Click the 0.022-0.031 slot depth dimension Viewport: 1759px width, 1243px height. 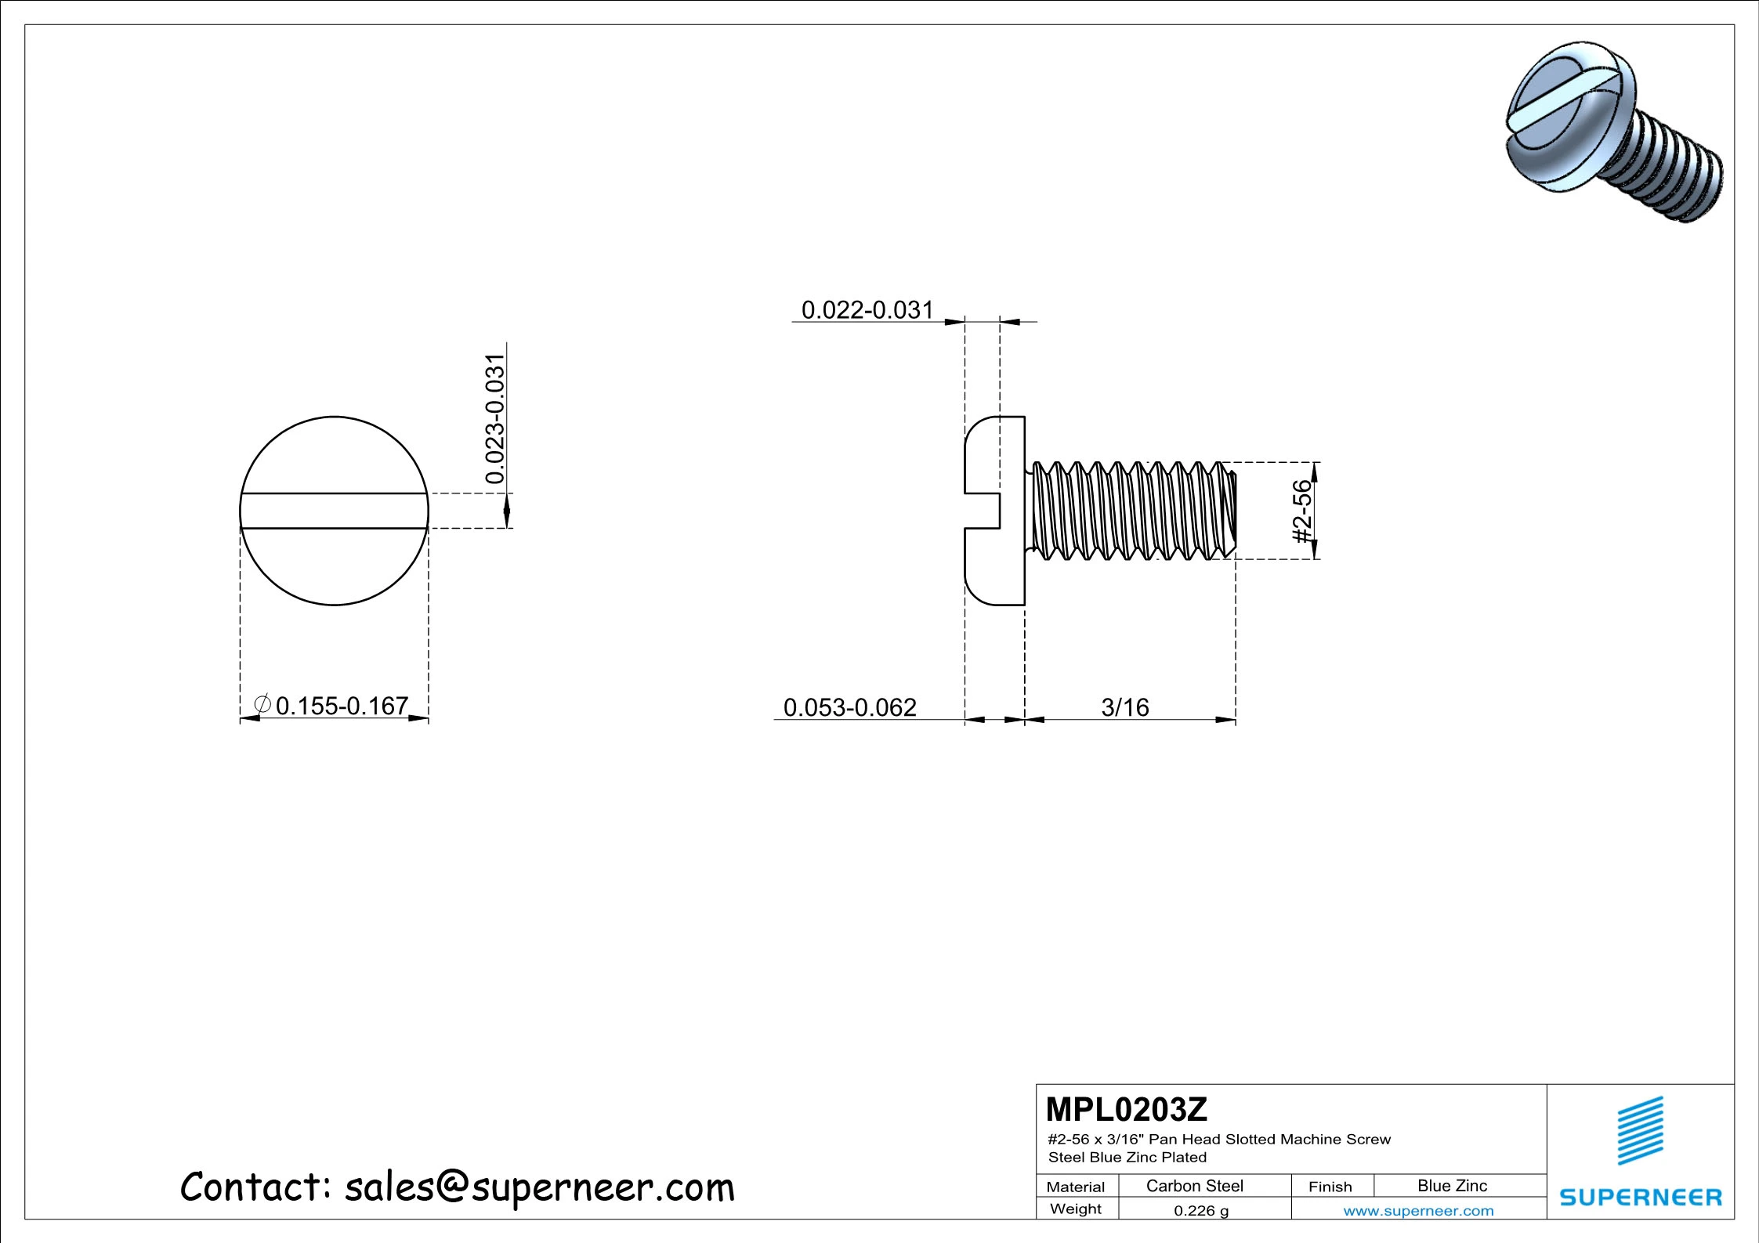click(x=867, y=310)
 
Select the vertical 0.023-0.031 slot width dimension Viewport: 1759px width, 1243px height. click(x=495, y=420)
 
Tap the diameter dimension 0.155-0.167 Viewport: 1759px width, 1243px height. click(x=342, y=706)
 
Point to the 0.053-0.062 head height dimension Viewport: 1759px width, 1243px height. click(x=849, y=707)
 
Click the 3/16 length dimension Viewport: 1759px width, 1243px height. click(x=1124, y=707)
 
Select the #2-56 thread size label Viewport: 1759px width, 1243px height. click(x=1301, y=511)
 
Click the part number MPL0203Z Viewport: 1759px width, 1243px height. click(x=1126, y=1109)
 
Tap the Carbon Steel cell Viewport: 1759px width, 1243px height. click(x=1194, y=1186)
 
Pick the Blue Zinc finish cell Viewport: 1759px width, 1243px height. click(x=1451, y=1186)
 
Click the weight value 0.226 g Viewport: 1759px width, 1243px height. click(x=1200, y=1211)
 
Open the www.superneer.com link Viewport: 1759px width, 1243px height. click(x=1418, y=1211)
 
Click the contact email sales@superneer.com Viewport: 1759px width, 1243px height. click(x=539, y=1187)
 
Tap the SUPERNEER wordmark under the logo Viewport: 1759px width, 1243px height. click(x=1640, y=1198)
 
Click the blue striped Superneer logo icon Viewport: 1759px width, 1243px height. click(x=1640, y=1131)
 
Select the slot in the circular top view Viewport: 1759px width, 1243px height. click(x=334, y=511)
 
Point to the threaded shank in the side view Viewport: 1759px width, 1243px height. click(x=1132, y=511)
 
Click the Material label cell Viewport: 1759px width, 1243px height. click(x=1075, y=1187)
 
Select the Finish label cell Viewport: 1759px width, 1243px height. click(x=1330, y=1187)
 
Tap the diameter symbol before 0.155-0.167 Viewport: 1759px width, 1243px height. click(x=263, y=704)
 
